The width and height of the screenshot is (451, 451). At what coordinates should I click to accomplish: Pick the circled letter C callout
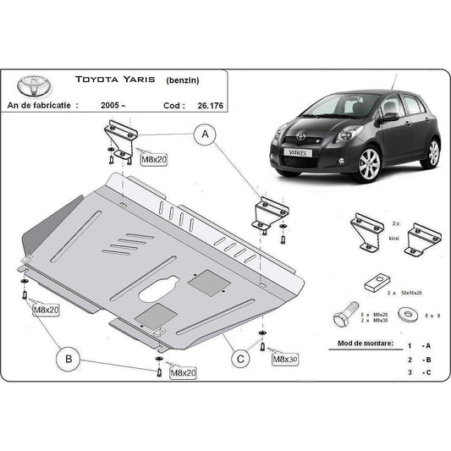click(240, 359)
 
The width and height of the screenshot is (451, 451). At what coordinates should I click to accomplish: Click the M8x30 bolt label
click(286, 360)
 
